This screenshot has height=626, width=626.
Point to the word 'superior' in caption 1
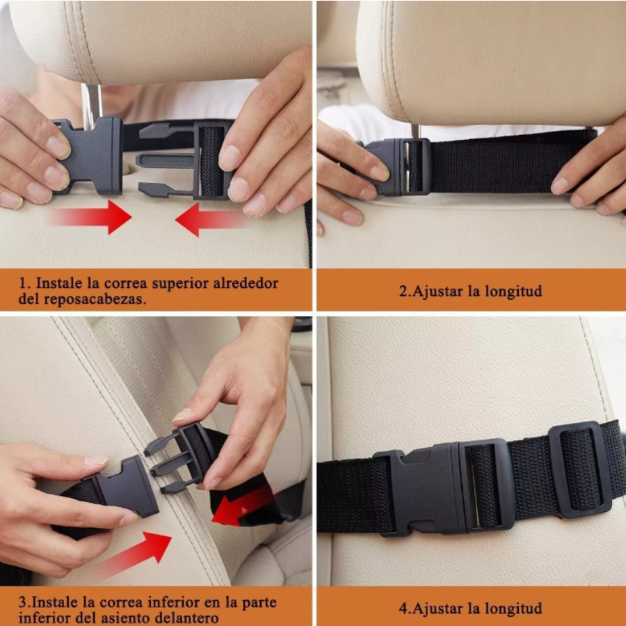(166, 284)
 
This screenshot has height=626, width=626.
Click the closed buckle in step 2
(396, 167)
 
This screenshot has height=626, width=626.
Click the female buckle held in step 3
(125, 488)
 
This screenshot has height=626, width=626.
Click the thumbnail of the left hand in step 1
(59, 146)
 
